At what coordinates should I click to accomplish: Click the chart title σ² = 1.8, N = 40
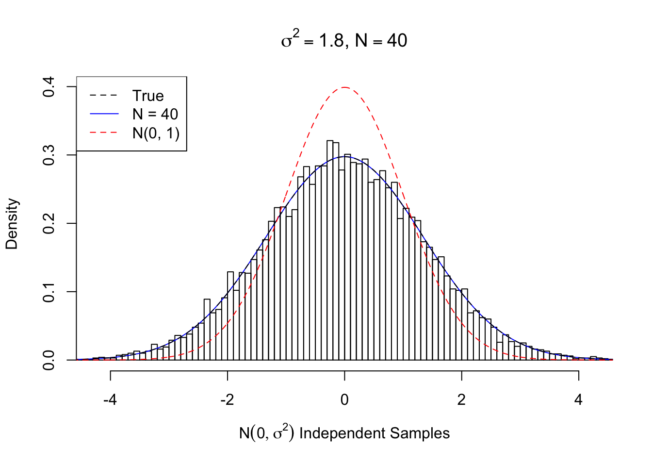(344, 40)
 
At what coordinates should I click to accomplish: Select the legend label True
(148, 96)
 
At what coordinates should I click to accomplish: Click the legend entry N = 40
(155, 114)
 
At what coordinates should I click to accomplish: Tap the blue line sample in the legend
(104, 114)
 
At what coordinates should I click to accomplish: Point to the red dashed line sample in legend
(104, 133)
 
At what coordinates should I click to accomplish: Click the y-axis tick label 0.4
(49, 87)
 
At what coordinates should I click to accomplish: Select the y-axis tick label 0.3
(49, 155)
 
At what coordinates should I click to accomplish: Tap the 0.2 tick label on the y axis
(49, 223)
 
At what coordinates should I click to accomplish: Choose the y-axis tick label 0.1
(49, 292)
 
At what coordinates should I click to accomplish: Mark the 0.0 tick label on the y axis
(49, 360)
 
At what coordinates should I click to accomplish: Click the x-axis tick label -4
(110, 399)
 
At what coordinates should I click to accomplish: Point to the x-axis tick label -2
(227, 399)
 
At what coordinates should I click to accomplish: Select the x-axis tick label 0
(344, 399)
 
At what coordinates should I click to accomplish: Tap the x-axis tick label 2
(461, 399)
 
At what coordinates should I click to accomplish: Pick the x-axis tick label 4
(578, 399)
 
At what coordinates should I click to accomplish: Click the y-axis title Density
(12, 223)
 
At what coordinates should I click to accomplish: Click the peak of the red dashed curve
(344, 87)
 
